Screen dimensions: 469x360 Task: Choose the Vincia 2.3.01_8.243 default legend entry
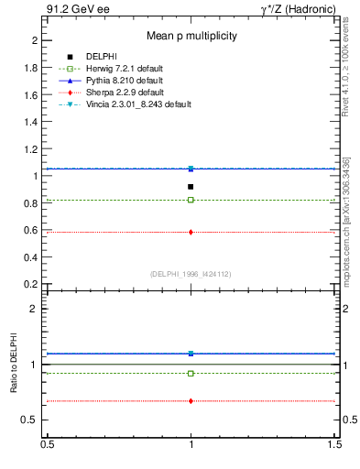click(x=139, y=104)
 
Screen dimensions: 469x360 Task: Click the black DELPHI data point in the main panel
click(x=191, y=187)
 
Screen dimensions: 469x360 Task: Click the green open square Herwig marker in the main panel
click(x=191, y=200)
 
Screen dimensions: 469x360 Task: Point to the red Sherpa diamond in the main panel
click(x=191, y=232)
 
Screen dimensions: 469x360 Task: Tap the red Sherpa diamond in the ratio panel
click(x=191, y=401)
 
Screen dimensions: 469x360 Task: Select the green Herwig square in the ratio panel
click(x=191, y=373)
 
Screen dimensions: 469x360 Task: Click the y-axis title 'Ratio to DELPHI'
click(x=14, y=364)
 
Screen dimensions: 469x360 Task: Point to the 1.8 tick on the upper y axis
click(x=32, y=68)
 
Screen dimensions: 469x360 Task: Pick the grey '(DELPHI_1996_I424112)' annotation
click(x=191, y=273)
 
